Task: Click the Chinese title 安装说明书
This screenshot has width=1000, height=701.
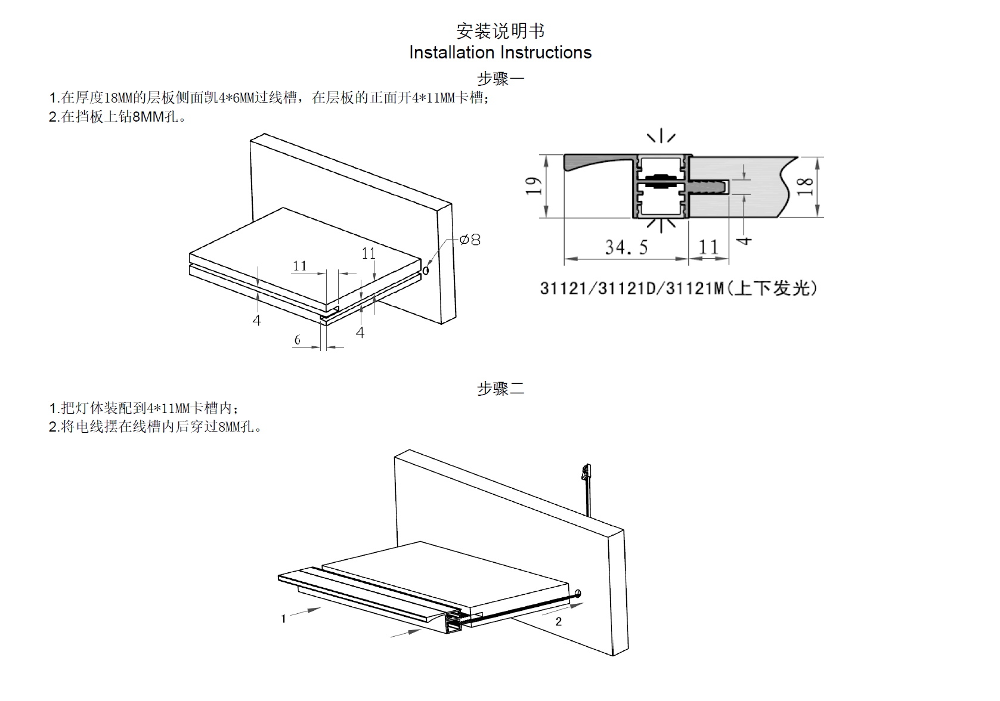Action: click(x=500, y=31)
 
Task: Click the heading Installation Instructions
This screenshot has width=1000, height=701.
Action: click(x=500, y=52)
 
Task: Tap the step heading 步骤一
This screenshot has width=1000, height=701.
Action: click(x=500, y=78)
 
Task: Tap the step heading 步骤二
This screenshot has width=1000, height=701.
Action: click(x=500, y=389)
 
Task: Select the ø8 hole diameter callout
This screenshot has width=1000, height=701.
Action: click(x=470, y=240)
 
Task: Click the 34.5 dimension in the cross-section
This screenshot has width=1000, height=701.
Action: click(x=626, y=247)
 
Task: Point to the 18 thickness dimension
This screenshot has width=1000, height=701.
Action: click(x=805, y=186)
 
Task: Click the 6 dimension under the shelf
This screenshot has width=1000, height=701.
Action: click(x=298, y=340)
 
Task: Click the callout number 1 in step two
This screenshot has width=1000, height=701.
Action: click(x=283, y=619)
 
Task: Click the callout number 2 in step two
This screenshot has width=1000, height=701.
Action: click(x=559, y=622)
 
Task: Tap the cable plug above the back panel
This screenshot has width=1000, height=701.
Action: click(x=586, y=473)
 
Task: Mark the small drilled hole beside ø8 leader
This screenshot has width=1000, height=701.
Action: click(x=426, y=271)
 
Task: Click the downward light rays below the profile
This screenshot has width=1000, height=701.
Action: click(x=661, y=225)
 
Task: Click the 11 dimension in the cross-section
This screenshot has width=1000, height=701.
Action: click(x=708, y=247)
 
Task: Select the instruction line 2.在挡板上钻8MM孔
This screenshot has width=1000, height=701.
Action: click(x=117, y=117)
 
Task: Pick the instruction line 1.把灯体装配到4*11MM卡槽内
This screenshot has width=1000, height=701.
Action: click(x=144, y=408)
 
